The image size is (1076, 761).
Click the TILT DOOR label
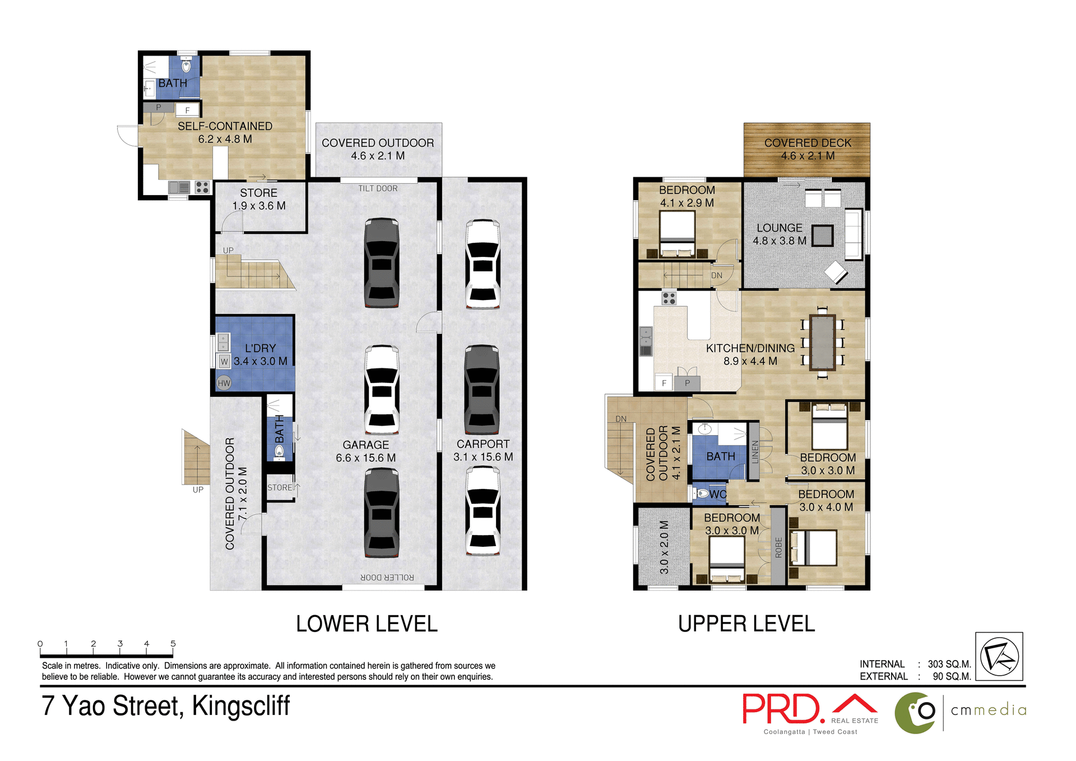tap(378, 188)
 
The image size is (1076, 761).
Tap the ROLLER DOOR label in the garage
tap(387, 577)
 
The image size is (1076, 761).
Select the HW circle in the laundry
tap(224, 383)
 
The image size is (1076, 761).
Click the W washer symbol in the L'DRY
tap(224, 361)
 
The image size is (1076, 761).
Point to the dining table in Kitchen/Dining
tap(822, 343)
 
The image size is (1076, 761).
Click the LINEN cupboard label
tap(754, 451)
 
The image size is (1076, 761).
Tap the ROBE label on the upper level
tap(778, 547)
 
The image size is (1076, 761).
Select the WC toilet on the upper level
tap(702, 494)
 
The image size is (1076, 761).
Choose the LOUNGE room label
tap(779, 228)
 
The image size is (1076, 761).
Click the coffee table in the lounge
tap(822, 236)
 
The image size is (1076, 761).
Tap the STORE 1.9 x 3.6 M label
tap(258, 199)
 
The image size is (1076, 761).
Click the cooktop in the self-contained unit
tap(202, 187)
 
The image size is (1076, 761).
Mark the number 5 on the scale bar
tap(173, 644)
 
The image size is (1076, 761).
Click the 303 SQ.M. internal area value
tap(949, 664)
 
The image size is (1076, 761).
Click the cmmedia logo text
tap(989, 710)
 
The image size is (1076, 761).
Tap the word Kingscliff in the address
tap(240, 705)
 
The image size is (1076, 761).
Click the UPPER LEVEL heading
tap(746, 624)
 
